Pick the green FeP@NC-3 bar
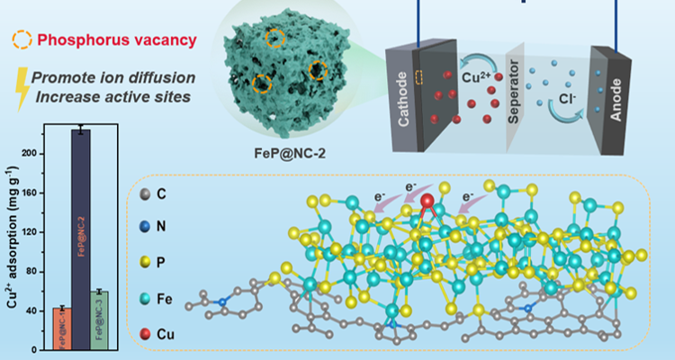coord(100,319)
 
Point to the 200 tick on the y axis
coord(39,154)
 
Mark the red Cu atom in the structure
coord(428,200)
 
